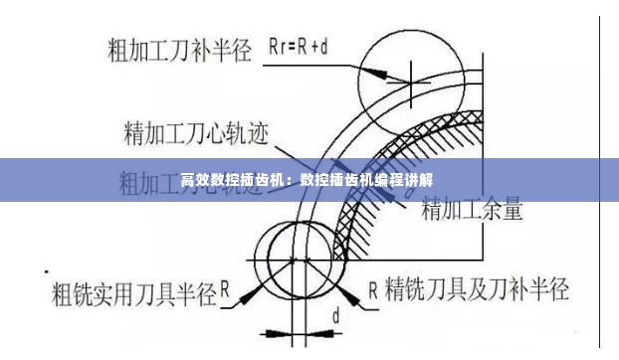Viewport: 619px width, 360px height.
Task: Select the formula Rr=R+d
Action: click(303, 45)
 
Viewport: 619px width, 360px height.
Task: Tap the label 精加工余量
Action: click(473, 210)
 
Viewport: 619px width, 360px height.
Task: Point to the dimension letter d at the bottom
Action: click(335, 316)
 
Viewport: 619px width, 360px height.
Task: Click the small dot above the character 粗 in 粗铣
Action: click(47, 270)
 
